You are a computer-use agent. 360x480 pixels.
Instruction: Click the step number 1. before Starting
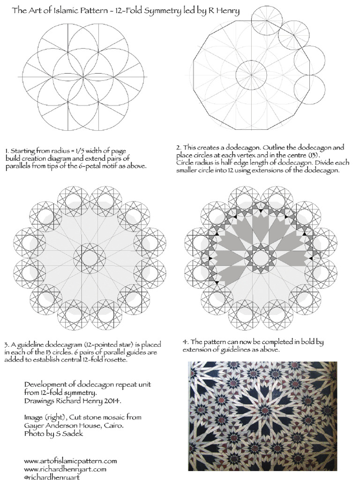[7, 150]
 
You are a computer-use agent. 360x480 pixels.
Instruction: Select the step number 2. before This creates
[179, 147]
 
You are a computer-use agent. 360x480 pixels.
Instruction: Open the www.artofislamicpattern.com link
[70, 461]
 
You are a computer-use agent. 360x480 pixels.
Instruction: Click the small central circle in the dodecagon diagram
[251, 75]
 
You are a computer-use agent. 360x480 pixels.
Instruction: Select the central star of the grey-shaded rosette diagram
[260, 258]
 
